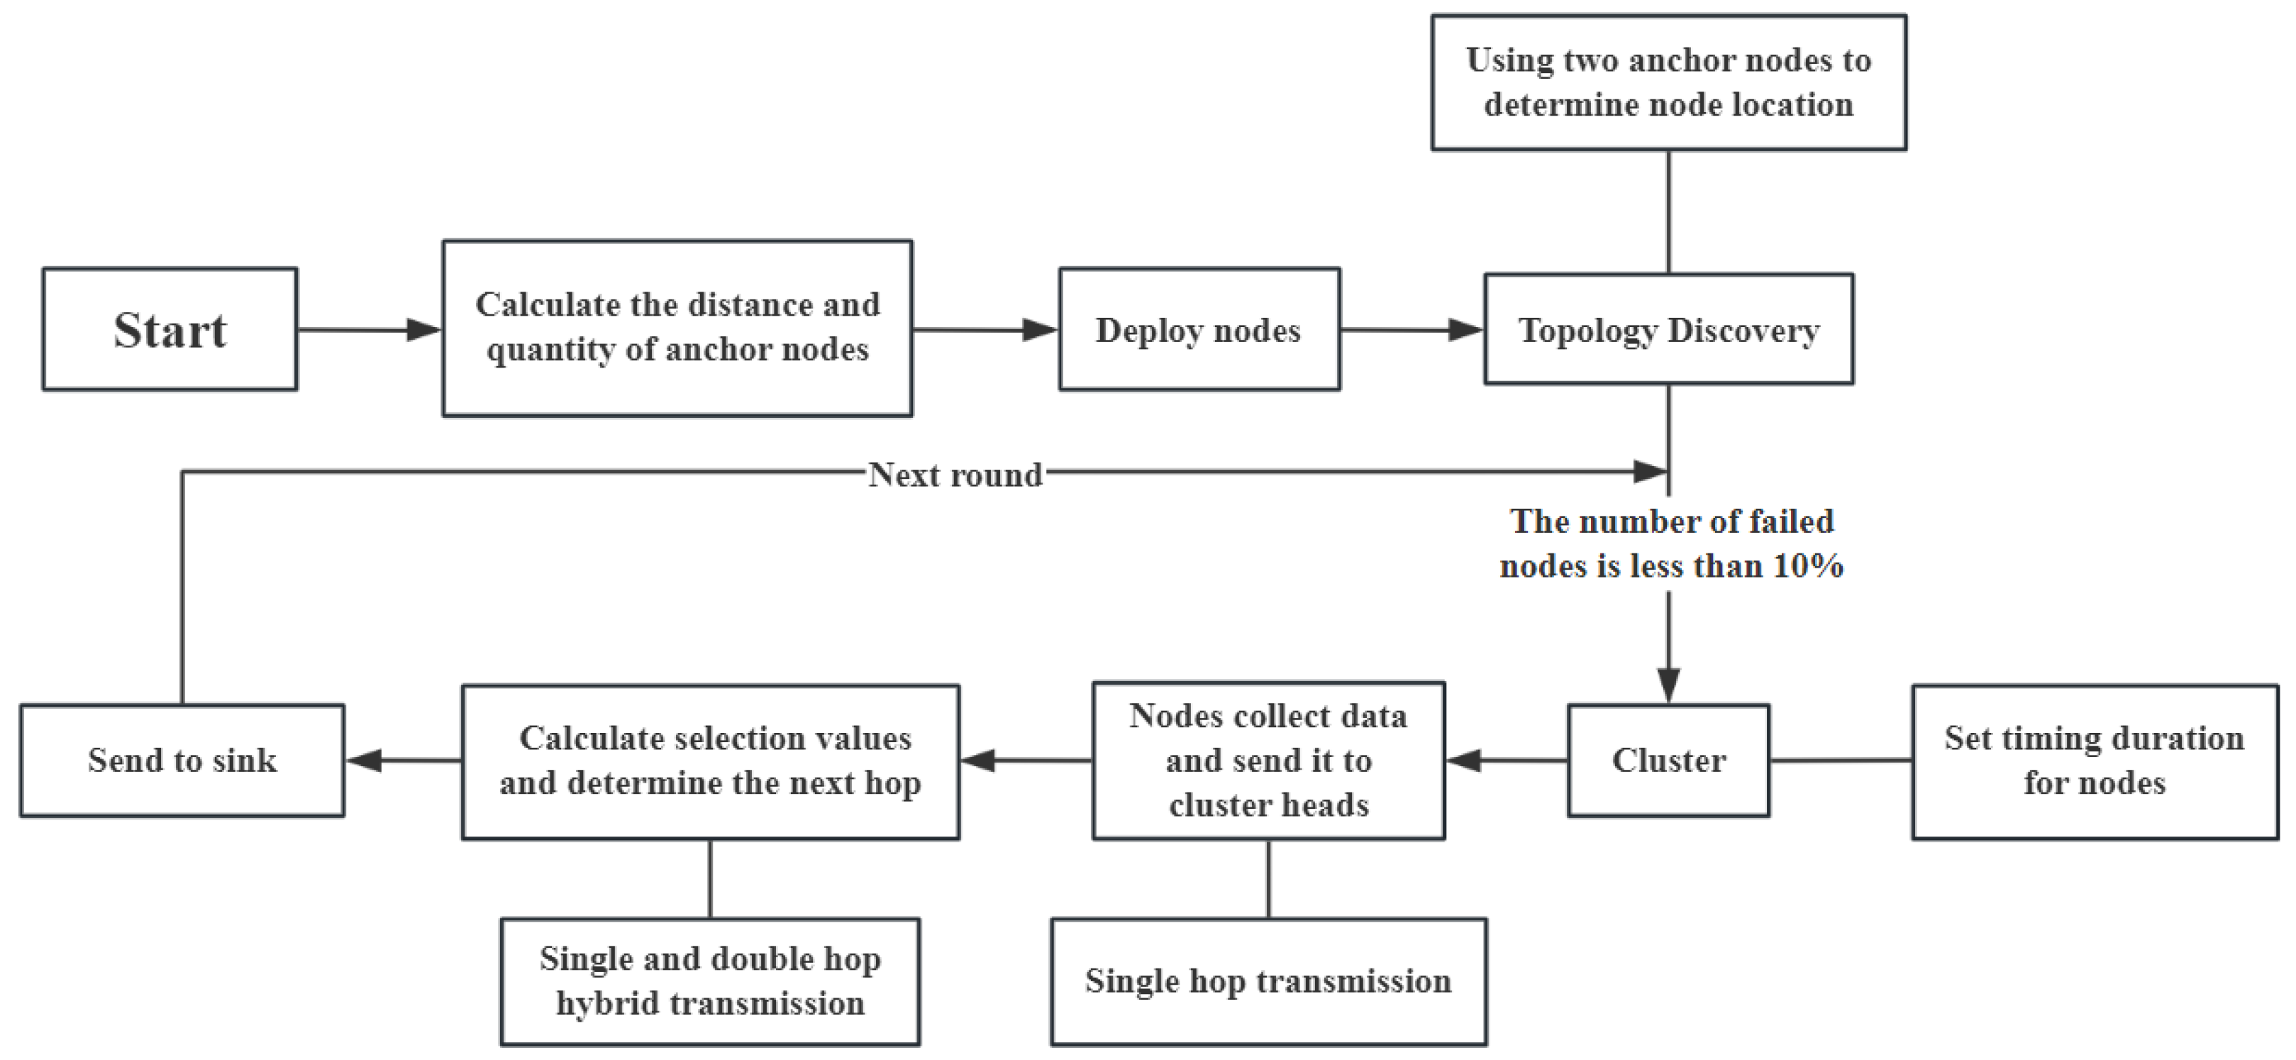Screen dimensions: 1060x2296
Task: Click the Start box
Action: [170, 329]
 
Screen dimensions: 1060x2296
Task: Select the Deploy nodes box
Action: [1198, 329]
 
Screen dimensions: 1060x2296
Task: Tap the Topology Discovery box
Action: [1668, 329]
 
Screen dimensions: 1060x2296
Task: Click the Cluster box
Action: [1668, 760]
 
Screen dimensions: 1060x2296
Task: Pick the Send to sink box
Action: [182, 760]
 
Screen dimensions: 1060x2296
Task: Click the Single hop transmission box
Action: [1268, 981]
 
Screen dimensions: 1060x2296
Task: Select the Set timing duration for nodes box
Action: [2094, 761]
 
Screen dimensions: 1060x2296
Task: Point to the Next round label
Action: [955, 474]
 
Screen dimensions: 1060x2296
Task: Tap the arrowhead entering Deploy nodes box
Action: [1038, 330]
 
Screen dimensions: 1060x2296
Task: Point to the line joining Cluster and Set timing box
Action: [1840, 761]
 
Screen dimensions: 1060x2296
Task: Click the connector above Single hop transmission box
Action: [1268, 878]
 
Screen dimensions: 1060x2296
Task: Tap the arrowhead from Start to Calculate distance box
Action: [423, 330]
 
